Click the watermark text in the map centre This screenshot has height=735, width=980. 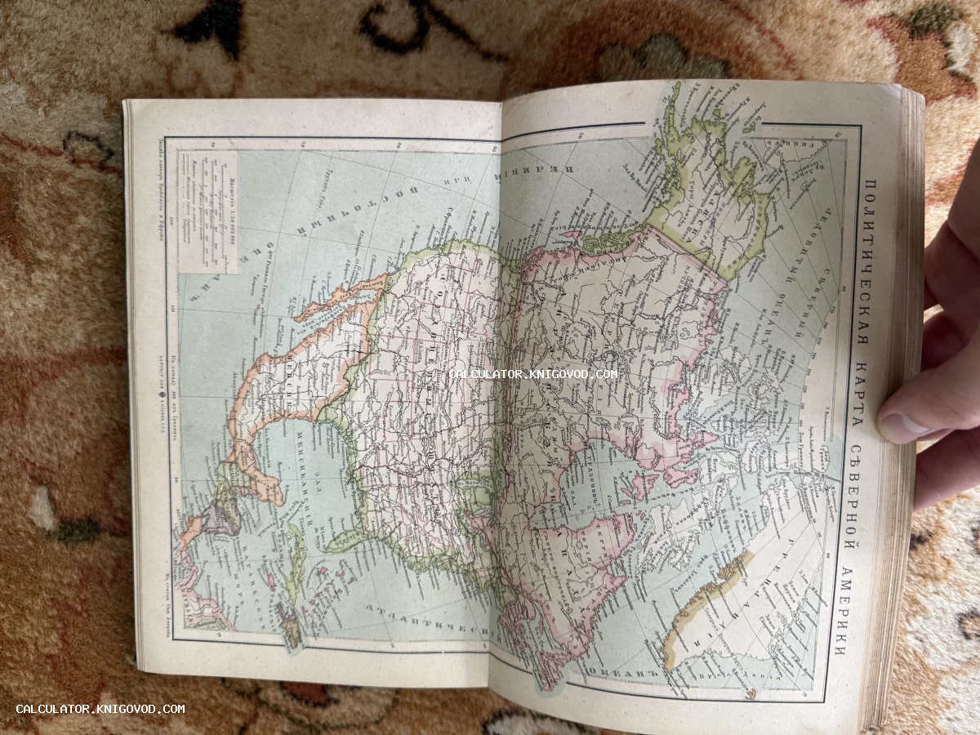click(x=533, y=374)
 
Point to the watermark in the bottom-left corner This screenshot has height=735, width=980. click(x=100, y=709)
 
